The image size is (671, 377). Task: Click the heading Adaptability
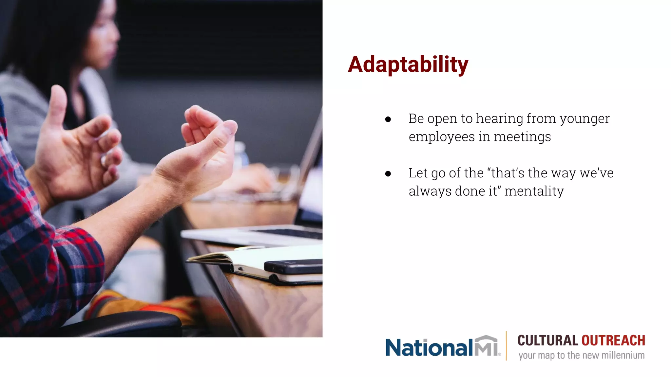click(x=408, y=64)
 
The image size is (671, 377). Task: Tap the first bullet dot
click(x=388, y=119)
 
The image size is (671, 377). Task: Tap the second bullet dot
click(x=388, y=174)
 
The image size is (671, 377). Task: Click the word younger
click(x=585, y=119)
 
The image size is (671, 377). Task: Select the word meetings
click(x=522, y=137)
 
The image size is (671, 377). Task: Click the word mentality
click(x=534, y=191)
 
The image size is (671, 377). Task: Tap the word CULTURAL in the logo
click(x=547, y=341)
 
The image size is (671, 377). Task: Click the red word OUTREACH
click(x=613, y=341)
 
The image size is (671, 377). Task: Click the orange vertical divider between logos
click(x=506, y=346)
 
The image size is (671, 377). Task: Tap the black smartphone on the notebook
click(x=293, y=266)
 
